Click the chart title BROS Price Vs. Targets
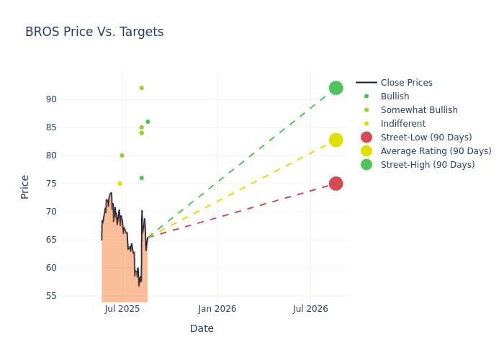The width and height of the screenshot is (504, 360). pyautogui.click(x=94, y=32)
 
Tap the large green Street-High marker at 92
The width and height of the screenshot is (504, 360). pyautogui.click(x=336, y=88)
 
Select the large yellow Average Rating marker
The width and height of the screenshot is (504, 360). pyautogui.click(x=336, y=140)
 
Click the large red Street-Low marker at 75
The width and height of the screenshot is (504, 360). pyautogui.click(x=336, y=184)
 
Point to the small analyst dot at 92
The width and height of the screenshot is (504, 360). pyautogui.click(x=141, y=88)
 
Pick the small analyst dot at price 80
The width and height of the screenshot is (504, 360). pyautogui.click(x=122, y=156)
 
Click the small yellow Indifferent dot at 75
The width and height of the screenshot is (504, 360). pyautogui.click(x=120, y=184)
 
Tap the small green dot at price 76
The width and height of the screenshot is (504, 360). pyautogui.click(x=141, y=178)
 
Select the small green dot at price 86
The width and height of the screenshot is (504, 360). pyautogui.click(x=148, y=122)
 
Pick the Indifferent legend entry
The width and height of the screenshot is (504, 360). pyautogui.click(x=402, y=124)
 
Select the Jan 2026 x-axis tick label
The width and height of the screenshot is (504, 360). pyautogui.click(x=217, y=309)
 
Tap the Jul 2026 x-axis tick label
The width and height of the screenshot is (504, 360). pyautogui.click(x=310, y=309)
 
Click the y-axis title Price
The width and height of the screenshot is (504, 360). pyautogui.click(x=25, y=186)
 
